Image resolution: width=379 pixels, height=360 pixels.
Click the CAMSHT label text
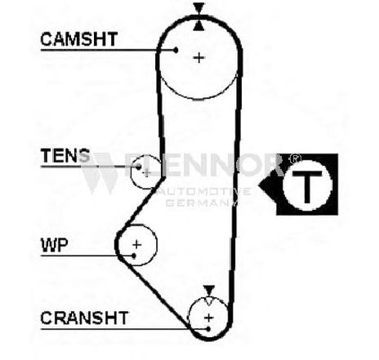[x=79, y=39]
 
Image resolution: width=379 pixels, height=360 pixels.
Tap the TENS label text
[x=65, y=155]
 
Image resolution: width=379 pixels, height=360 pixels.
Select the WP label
[x=54, y=245]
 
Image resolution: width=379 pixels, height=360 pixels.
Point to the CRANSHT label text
[x=84, y=318]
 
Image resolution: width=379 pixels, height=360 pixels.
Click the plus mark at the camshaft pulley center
[x=199, y=58]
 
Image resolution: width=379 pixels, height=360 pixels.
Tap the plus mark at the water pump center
[x=136, y=245]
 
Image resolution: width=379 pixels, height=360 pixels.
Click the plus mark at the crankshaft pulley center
[x=209, y=318]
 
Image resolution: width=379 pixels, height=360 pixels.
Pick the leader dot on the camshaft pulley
[x=176, y=50]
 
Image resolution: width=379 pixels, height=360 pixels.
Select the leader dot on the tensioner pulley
[x=139, y=167]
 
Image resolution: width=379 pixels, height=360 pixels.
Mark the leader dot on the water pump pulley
[x=134, y=256]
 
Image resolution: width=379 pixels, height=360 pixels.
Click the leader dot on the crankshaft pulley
[x=208, y=329]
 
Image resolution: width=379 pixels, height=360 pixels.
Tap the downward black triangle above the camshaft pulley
[x=198, y=7]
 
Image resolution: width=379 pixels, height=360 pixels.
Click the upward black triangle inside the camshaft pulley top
[x=198, y=26]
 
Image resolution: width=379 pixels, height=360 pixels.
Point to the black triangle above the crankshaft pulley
[x=209, y=290]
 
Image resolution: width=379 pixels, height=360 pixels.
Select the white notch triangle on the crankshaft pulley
[x=209, y=300]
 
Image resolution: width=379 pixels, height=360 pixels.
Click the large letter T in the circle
[x=307, y=187]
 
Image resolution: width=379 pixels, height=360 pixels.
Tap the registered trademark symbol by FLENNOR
[x=295, y=158]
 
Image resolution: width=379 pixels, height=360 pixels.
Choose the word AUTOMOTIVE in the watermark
[x=203, y=191]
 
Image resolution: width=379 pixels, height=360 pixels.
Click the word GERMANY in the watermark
[x=201, y=202]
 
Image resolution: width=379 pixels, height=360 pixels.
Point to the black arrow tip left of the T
[x=260, y=186]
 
